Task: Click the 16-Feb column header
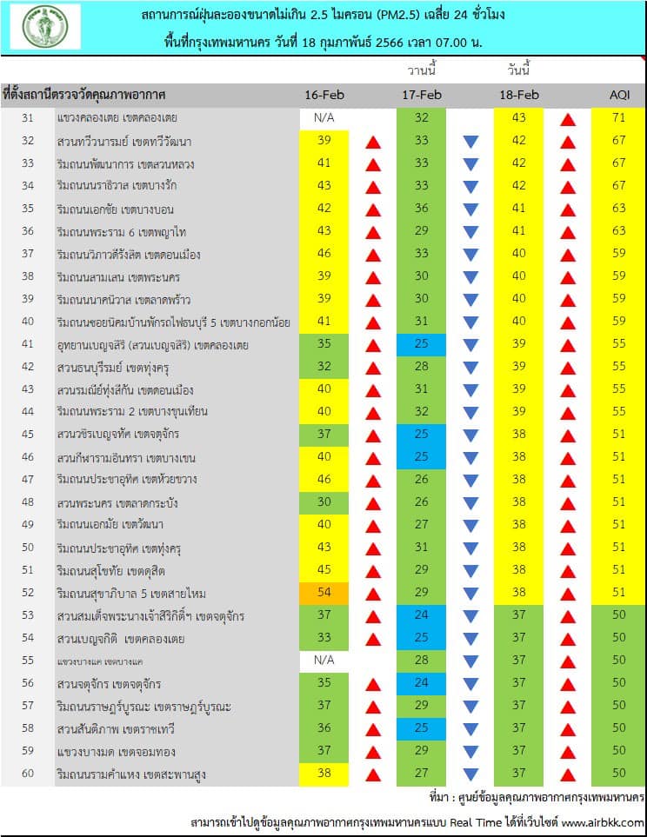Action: coord(324,95)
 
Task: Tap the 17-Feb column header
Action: coord(422,95)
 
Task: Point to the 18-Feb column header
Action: coord(519,95)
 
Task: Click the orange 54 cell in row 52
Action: coord(324,592)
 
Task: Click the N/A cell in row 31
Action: coord(324,117)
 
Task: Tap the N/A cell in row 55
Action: coord(324,660)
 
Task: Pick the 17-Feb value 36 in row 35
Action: coord(422,208)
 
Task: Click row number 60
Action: coord(27,773)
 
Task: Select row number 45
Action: coord(27,434)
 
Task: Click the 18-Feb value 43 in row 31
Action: coord(519,117)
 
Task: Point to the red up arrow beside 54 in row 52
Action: coord(373,593)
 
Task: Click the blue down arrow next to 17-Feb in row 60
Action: coord(470,774)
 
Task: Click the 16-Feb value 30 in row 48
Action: coord(324,502)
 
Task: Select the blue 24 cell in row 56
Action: coord(422,682)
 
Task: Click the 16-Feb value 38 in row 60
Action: coord(324,773)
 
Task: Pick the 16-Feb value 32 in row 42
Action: coord(324,366)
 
